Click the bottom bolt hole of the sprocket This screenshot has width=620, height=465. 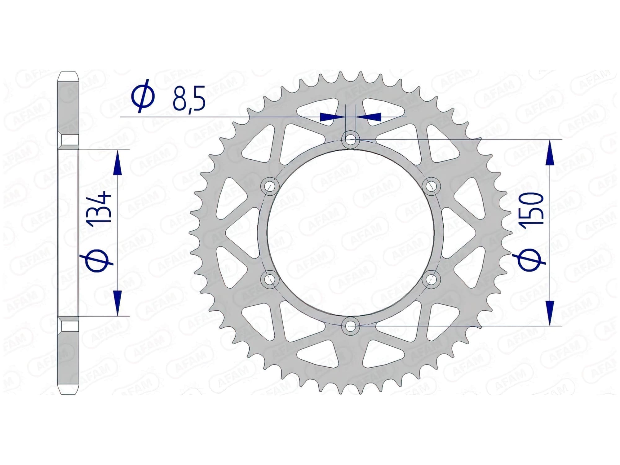tap(350, 326)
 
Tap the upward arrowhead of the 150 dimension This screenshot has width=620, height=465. tap(550, 153)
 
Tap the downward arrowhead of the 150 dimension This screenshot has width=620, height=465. tap(550, 312)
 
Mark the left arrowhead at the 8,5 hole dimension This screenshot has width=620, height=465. tap(332, 117)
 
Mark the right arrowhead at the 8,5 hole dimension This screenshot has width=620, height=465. tap(369, 117)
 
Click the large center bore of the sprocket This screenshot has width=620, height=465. tap(350, 232)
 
